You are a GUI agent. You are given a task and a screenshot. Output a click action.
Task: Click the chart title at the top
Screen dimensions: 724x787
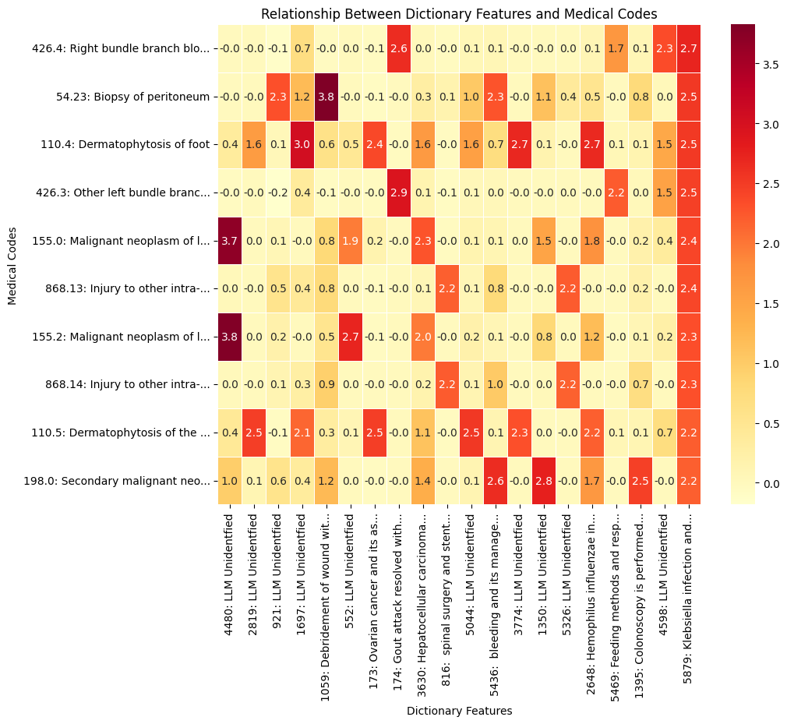click(459, 13)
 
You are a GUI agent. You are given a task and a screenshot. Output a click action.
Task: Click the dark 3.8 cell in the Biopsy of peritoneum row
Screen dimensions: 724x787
click(326, 97)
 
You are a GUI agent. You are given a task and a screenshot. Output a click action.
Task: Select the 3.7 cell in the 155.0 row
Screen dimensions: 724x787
click(230, 241)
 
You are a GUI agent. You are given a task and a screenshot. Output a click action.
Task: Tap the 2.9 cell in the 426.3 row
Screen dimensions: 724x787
click(399, 192)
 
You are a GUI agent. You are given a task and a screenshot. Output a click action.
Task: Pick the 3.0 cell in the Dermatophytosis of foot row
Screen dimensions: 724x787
click(302, 145)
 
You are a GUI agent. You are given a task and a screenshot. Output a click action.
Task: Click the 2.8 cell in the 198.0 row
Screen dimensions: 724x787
click(544, 481)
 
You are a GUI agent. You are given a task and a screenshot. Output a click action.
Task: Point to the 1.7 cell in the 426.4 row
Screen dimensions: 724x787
click(616, 49)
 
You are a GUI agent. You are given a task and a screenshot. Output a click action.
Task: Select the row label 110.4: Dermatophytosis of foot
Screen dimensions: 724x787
click(125, 145)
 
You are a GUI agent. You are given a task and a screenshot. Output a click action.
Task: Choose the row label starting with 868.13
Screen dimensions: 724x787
click(121, 289)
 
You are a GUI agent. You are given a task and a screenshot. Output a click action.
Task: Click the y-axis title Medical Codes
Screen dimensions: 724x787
click(12, 265)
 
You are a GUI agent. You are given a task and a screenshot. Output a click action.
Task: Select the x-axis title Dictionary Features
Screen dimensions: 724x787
click(459, 711)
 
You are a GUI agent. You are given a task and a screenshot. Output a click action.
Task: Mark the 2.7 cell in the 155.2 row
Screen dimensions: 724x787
click(351, 337)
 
